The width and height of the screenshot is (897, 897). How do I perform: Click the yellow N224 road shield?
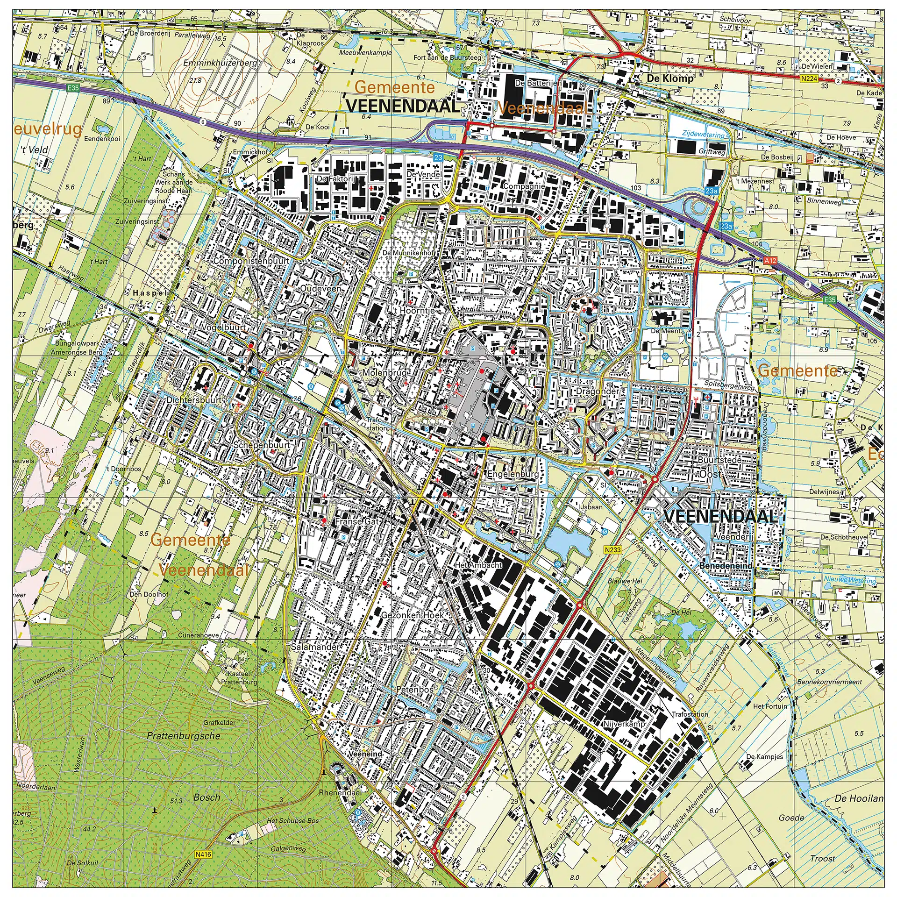pyautogui.click(x=809, y=79)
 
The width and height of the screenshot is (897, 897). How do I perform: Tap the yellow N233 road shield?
pyautogui.click(x=612, y=550)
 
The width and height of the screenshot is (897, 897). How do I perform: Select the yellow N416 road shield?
pyautogui.click(x=203, y=854)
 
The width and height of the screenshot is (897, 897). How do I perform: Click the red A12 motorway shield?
pyautogui.click(x=770, y=260)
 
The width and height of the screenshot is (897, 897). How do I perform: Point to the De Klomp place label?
pyautogui.click(x=670, y=78)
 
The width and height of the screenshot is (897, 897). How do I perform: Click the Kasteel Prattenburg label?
pyautogui.click(x=239, y=678)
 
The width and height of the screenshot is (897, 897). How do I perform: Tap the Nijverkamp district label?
pyautogui.click(x=624, y=724)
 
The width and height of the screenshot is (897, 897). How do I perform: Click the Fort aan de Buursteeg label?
pyautogui.click(x=447, y=57)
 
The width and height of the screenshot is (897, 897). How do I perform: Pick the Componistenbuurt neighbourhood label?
pyautogui.click(x=251, y=261)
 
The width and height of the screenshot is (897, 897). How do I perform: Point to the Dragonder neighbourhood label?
pyautogui.click(x=597, y=391)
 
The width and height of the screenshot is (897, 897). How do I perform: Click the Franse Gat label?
pyautogui.click(x=357, y=521)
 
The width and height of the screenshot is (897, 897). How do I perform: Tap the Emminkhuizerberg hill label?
pyautogui.click(x=220, y=63)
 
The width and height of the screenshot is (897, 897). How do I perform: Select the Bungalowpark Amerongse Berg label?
pyautogui.click(x=76, y=348)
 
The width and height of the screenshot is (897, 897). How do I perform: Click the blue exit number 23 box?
pyautogui.click(x=438, y=157)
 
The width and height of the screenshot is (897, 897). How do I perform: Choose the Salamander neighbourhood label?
pyautogui.click(x=315, y=648)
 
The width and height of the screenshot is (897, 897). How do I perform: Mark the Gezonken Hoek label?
pyautogui.click(x=412, y=615)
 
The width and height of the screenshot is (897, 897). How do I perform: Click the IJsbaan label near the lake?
pyautogui.click(x=591, y=507)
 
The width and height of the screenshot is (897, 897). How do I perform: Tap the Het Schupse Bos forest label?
pyautogui.click(x=292, y=820)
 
